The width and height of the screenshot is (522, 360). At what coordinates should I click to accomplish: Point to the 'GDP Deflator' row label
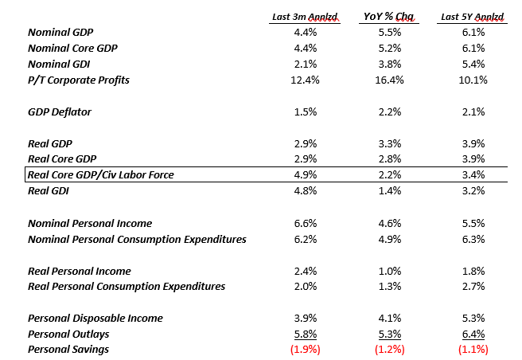click(60, 112)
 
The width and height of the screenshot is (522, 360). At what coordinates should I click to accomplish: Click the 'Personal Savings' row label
click(68, 349)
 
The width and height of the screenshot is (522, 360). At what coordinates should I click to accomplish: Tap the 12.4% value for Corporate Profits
click(306, 80)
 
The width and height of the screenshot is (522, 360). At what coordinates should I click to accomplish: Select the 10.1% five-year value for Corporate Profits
click(473, 80)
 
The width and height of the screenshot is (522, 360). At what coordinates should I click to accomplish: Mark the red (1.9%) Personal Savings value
click(306, 349)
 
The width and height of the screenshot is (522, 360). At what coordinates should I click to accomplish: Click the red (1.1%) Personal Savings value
click(473, 349)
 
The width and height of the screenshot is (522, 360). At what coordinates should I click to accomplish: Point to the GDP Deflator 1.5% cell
click(306, 112)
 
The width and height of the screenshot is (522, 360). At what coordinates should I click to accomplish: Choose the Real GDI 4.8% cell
click(306, 191)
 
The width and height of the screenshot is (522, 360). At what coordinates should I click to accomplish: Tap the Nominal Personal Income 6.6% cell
click(306, 223)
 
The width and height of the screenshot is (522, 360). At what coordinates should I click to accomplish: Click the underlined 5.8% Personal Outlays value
click(306, 334)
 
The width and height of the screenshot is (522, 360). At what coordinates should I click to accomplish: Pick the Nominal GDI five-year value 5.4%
click(473, 64)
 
